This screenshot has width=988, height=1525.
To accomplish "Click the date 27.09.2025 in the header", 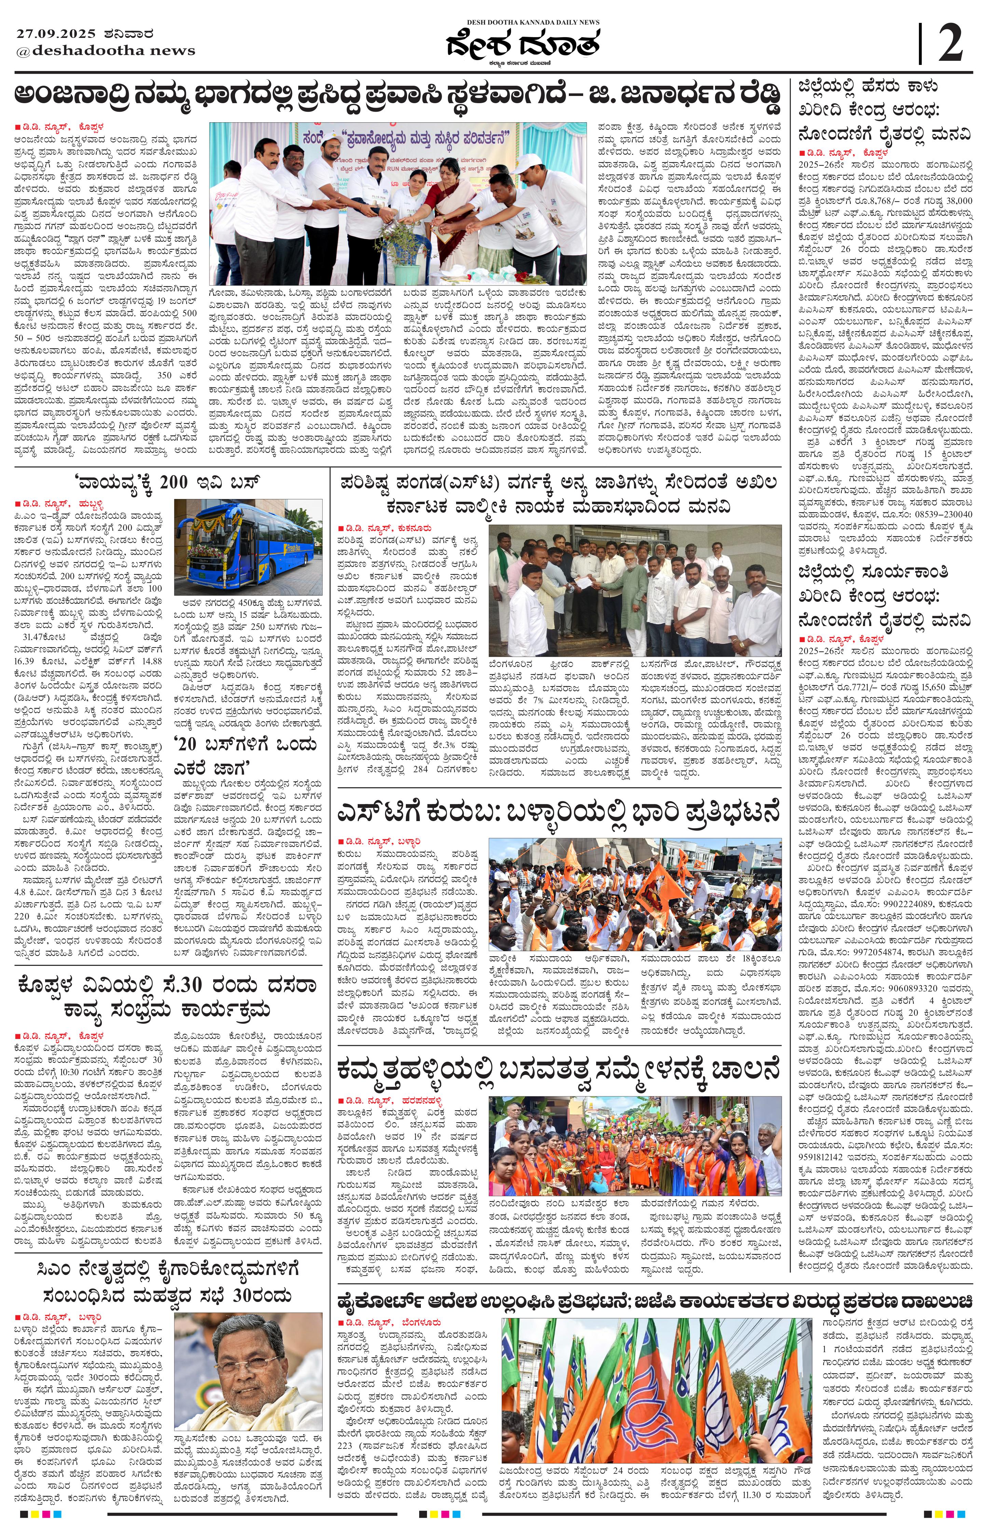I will point(56,34).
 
